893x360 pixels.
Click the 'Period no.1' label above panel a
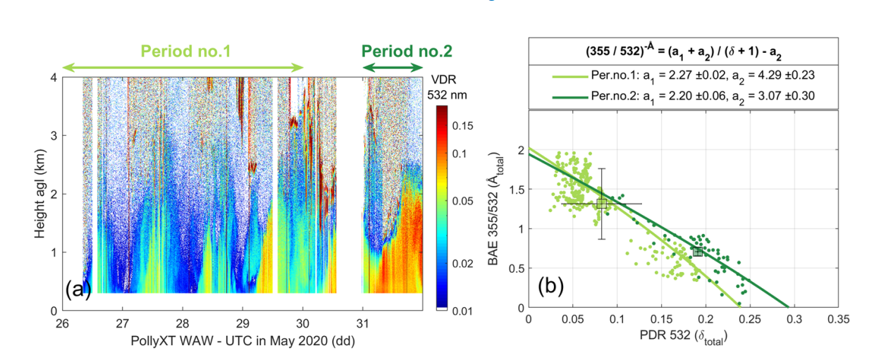pos(186,51)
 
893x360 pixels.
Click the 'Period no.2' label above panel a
pos(407,51)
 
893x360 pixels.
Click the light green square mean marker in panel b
pos(601,204)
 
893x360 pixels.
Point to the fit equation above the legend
pos(684,52)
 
